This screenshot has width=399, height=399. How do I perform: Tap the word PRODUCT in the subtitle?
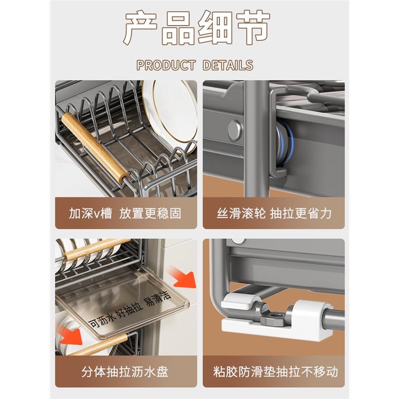[x=166, y=65]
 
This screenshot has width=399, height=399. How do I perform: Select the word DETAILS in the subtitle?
[x=228, y=65]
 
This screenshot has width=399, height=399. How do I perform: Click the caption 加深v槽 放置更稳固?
[x=125, y=214]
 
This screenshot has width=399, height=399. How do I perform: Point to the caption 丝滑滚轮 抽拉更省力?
[x=273, y=214]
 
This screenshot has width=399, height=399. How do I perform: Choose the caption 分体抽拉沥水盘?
[x=125, y=372]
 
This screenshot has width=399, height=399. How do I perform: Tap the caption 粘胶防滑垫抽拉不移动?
[x=273, y=372]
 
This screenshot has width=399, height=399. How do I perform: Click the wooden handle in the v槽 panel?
[x=95, y=147]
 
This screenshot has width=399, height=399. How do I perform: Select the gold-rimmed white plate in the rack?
[x=172, y=112]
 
